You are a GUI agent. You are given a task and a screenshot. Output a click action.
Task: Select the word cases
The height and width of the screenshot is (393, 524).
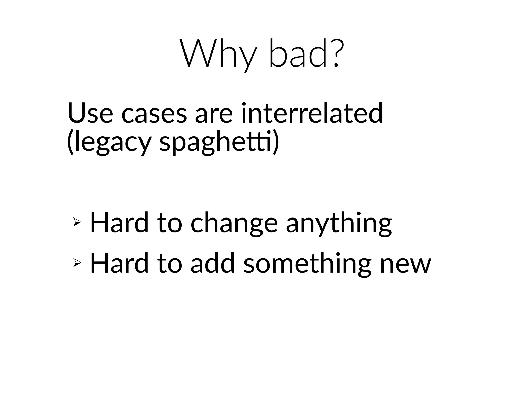(x=154, y=114)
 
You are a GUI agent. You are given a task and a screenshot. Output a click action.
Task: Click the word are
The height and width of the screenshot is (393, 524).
(x=214, y=114)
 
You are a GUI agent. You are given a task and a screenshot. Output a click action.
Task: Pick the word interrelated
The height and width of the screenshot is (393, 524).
(x=312, y=113)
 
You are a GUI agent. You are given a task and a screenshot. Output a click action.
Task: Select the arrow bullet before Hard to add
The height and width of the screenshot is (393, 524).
(x=77, y=263)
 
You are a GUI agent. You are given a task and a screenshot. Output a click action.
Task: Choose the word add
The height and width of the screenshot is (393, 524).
(x=213, y=263)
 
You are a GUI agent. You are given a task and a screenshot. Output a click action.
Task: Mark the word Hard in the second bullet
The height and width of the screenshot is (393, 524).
(x=119, y=263)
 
